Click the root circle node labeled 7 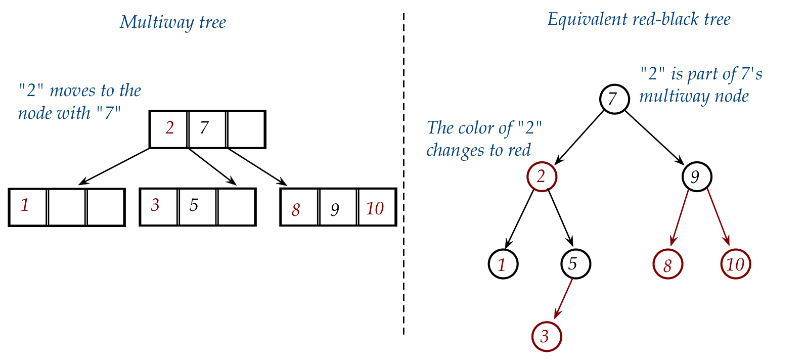tap(614, 99)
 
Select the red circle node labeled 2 tap(542, 176)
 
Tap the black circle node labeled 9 tap(696, 176)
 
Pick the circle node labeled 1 tap(503, 264)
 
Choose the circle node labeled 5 tap(575, 264)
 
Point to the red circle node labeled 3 tap(547, 337)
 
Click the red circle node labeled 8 tap(667, 264)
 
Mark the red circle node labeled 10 tap(735, 264)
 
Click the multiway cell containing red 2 tap(169, 129)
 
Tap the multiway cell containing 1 tap(28, 207)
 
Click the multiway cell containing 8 tap(299, 207)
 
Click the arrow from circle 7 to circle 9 tap(655, 137)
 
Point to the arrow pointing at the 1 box tap(115, 166)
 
